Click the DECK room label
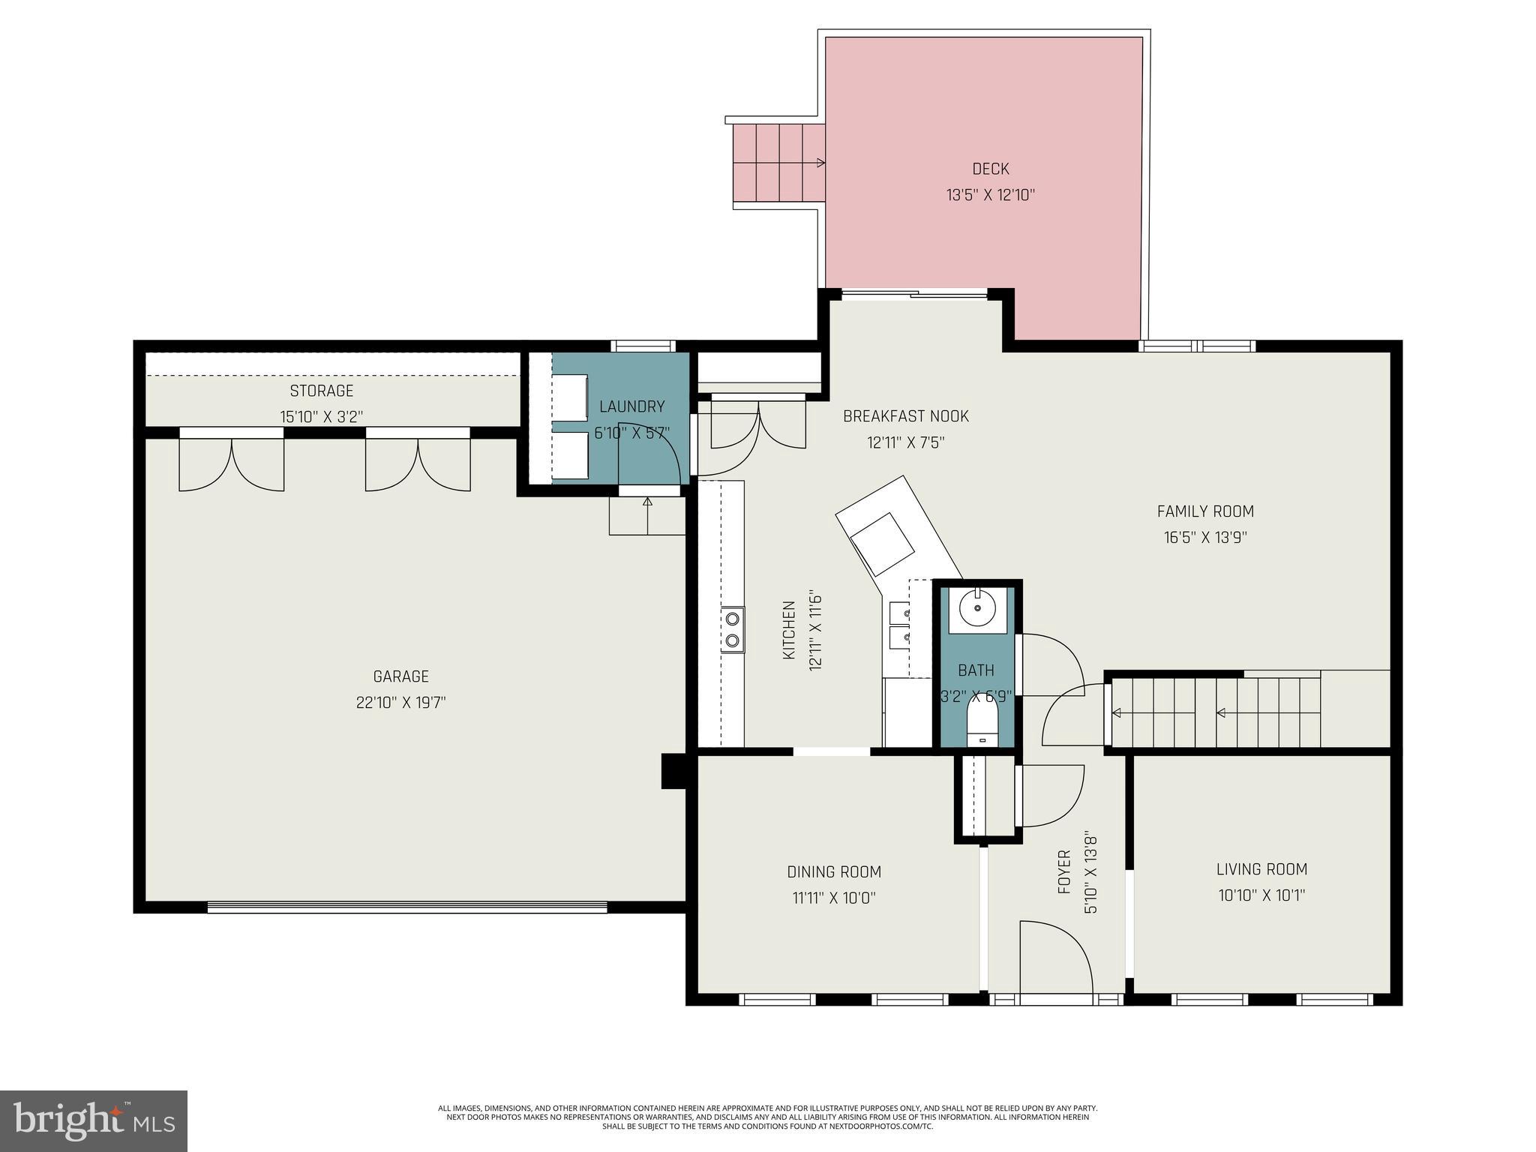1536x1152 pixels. click(x=990, y=169)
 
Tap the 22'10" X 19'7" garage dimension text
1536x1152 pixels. click(x=400, y=703)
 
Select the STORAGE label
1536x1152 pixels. click(x=321, y=391)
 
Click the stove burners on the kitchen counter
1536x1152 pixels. click(x=733, y=629)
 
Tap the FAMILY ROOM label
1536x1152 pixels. click(x=1204, y=511)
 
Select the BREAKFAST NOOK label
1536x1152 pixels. click(x=905, y=416)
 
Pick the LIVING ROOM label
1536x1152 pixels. click(x=1261, y=869)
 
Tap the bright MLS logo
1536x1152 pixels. click(x=93, y=1120)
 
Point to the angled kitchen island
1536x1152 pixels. click(x=896, y=536)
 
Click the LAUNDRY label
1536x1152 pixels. click(x=631, y=406)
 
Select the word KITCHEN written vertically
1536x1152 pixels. click(x=789, y=630)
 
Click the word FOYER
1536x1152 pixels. click(x=1063, y=872)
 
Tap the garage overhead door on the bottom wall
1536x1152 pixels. click(x=406, y=907)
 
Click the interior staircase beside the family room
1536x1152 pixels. click(x=1215, y=712)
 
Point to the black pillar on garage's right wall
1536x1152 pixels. click(x=672, y=771)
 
